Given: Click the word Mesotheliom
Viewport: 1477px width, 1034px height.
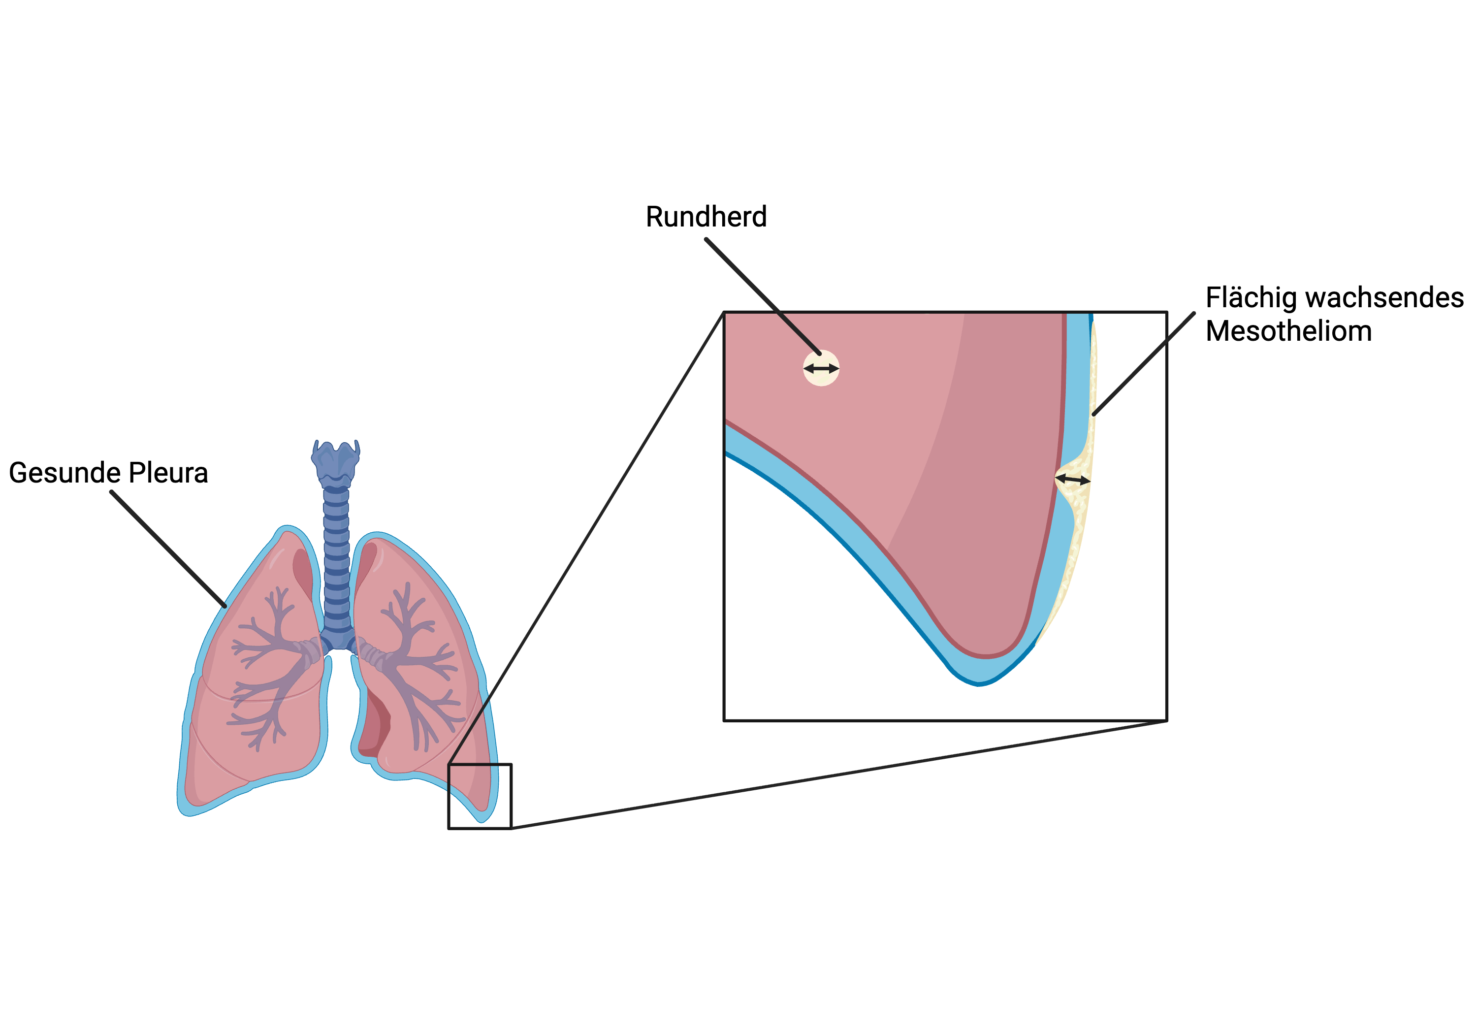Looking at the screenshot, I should [1288, 331].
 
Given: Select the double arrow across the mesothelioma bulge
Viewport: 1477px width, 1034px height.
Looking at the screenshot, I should [1072, 480].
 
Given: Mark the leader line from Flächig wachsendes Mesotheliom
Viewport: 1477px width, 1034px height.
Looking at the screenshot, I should [1144, 363].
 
